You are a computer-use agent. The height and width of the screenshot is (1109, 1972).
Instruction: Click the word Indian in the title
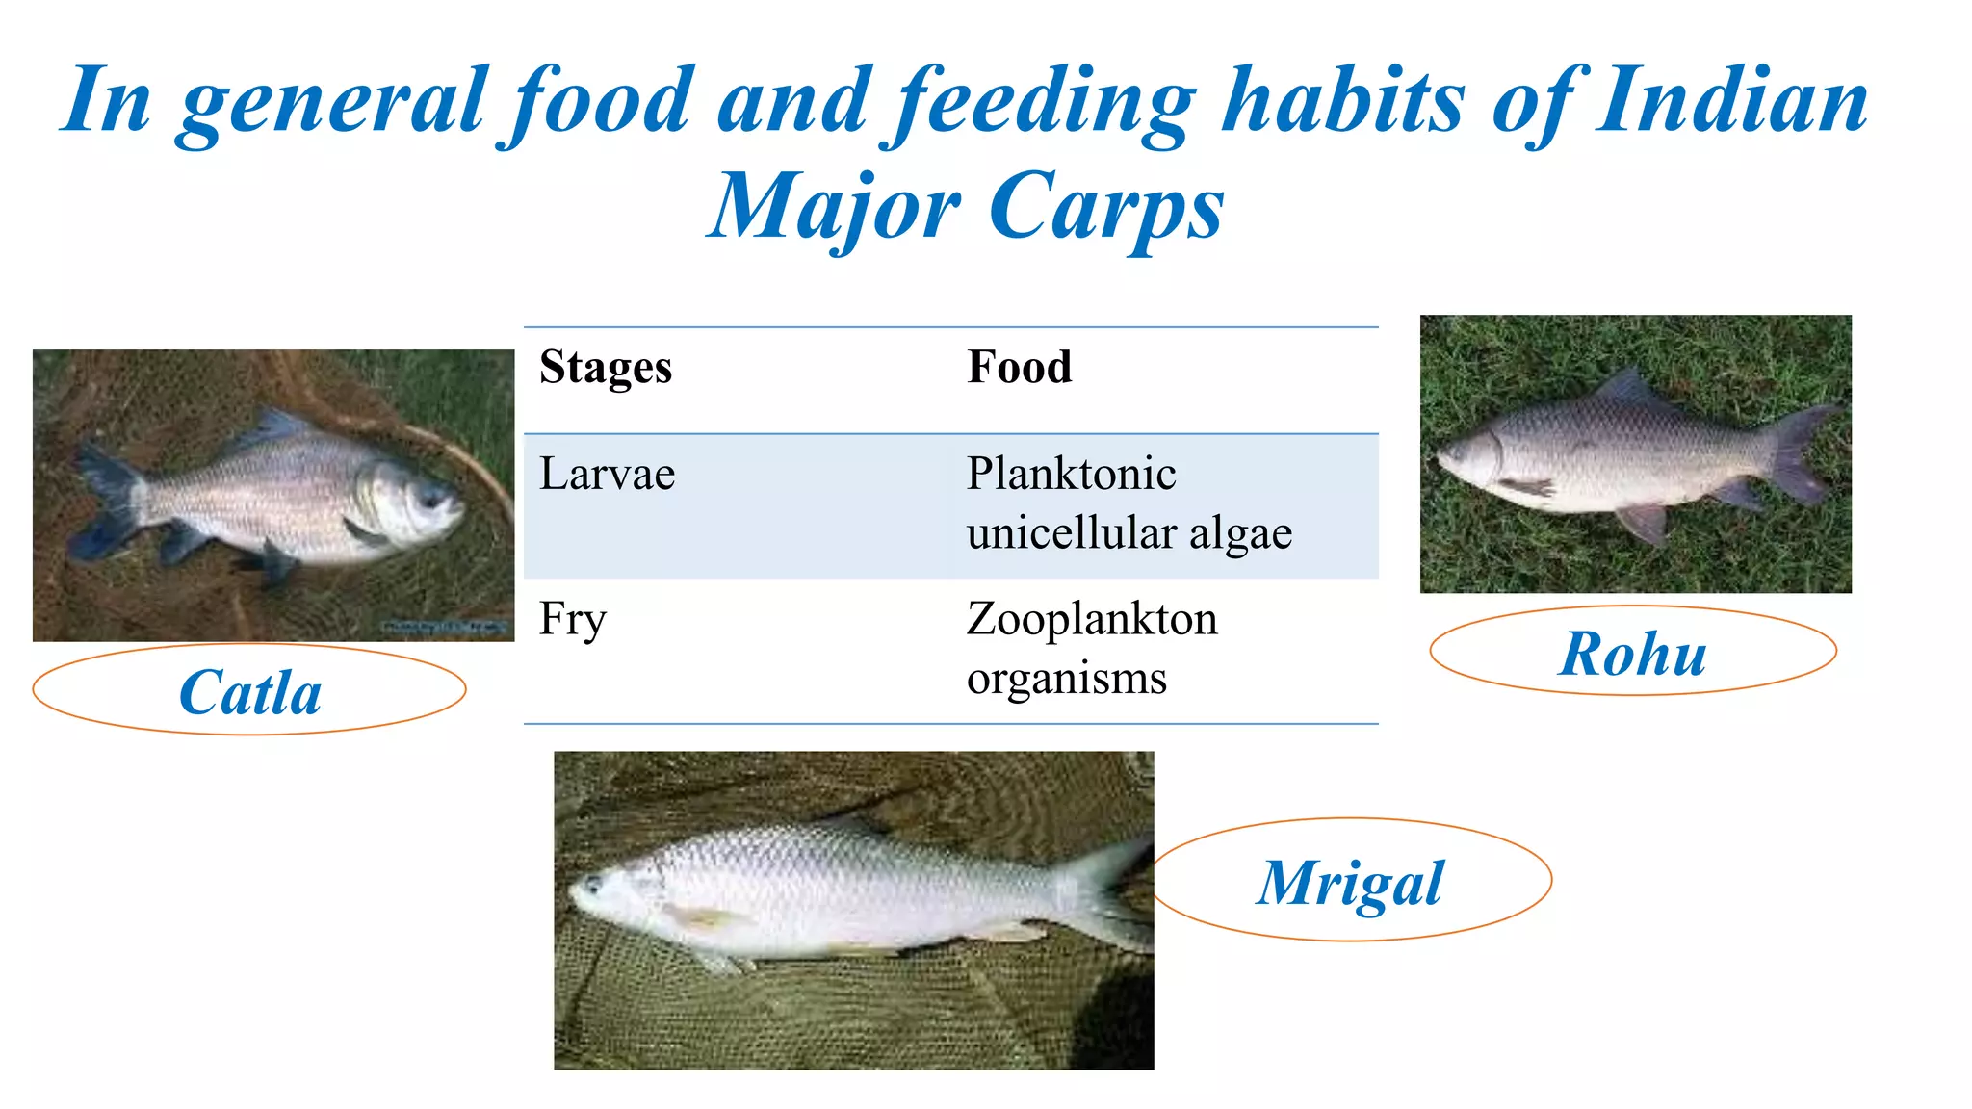point(1731,100)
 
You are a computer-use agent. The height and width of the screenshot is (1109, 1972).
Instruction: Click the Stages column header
point(606,368)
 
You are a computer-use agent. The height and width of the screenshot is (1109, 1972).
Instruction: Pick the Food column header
point(1019,368)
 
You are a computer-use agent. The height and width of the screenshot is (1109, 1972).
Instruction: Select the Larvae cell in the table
point(608,474)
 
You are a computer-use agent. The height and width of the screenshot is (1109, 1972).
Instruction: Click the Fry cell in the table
point(573,619)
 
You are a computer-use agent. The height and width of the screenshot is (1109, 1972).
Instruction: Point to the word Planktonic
point(1071,474)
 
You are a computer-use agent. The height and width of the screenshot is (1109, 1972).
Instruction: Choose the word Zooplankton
point(1092,619)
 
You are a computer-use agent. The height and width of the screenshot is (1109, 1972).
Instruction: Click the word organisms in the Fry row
point(1067,679)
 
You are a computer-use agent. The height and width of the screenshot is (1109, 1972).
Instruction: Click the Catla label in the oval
point(250,692)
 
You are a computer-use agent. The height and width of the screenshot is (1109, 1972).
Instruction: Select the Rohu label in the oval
point(1633,655)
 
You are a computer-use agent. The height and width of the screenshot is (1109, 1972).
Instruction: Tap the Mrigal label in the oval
point(1350,883)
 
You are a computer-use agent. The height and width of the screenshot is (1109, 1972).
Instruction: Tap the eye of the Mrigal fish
point(594,884)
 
